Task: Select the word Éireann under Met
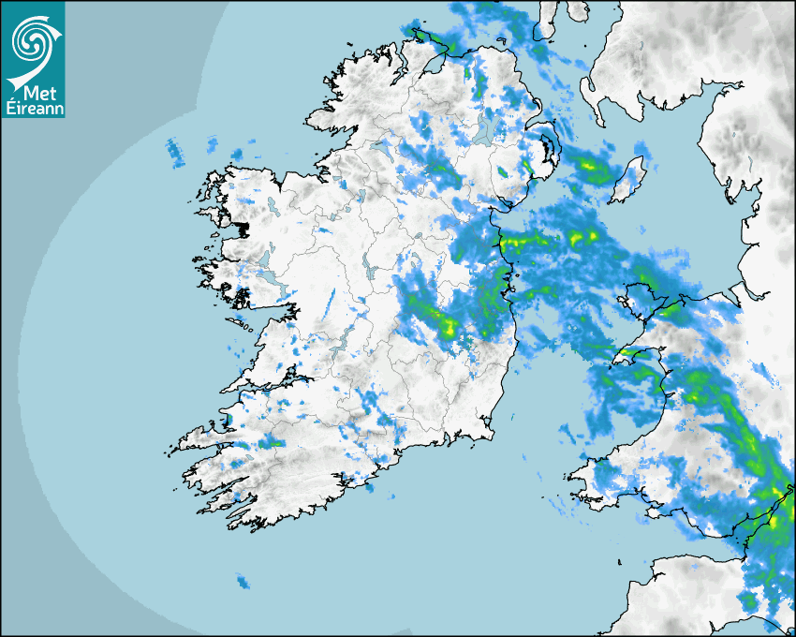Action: coord(32,109)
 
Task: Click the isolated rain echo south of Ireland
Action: coord(243,582)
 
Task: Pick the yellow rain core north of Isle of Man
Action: coord(592,168)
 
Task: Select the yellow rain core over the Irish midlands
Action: coord(448,327)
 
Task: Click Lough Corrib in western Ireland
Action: coord(267,257)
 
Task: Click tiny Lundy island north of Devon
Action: coord(619,559)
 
